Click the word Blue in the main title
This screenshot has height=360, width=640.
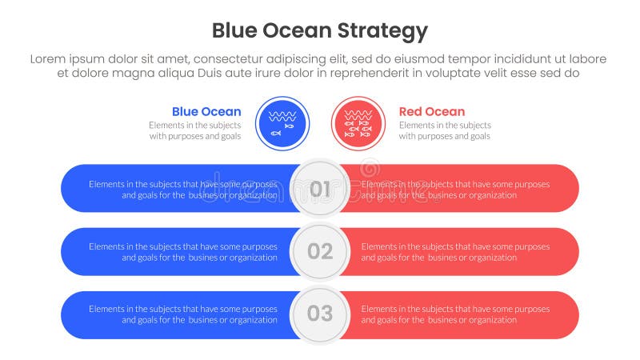237,31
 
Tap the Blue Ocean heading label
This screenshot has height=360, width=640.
206,112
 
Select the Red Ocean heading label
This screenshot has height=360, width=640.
431,112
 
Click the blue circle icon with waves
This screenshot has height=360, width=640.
282,123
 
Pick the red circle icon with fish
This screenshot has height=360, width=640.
358,123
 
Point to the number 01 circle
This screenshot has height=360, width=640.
320,189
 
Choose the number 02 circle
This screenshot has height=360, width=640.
320,251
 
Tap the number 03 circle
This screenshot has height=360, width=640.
320,313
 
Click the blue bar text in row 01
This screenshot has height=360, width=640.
183,189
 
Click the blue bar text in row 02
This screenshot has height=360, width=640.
183,252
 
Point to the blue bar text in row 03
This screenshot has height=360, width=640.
183,314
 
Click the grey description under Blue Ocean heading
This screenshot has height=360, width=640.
194,130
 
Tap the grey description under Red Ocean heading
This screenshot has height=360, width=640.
445,130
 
